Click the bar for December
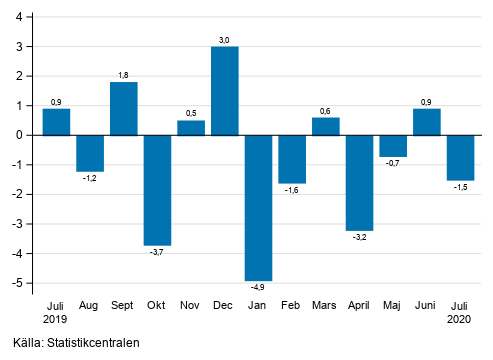coord(224,91)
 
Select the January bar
coord(258,208)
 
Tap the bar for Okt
coord(157,190)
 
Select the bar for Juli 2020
coord(461,158)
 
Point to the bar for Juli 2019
coord(56,122)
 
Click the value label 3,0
coord(224,39)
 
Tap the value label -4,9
coord(258,289)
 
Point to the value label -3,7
coord(157,253)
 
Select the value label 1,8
coord(123,75)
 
